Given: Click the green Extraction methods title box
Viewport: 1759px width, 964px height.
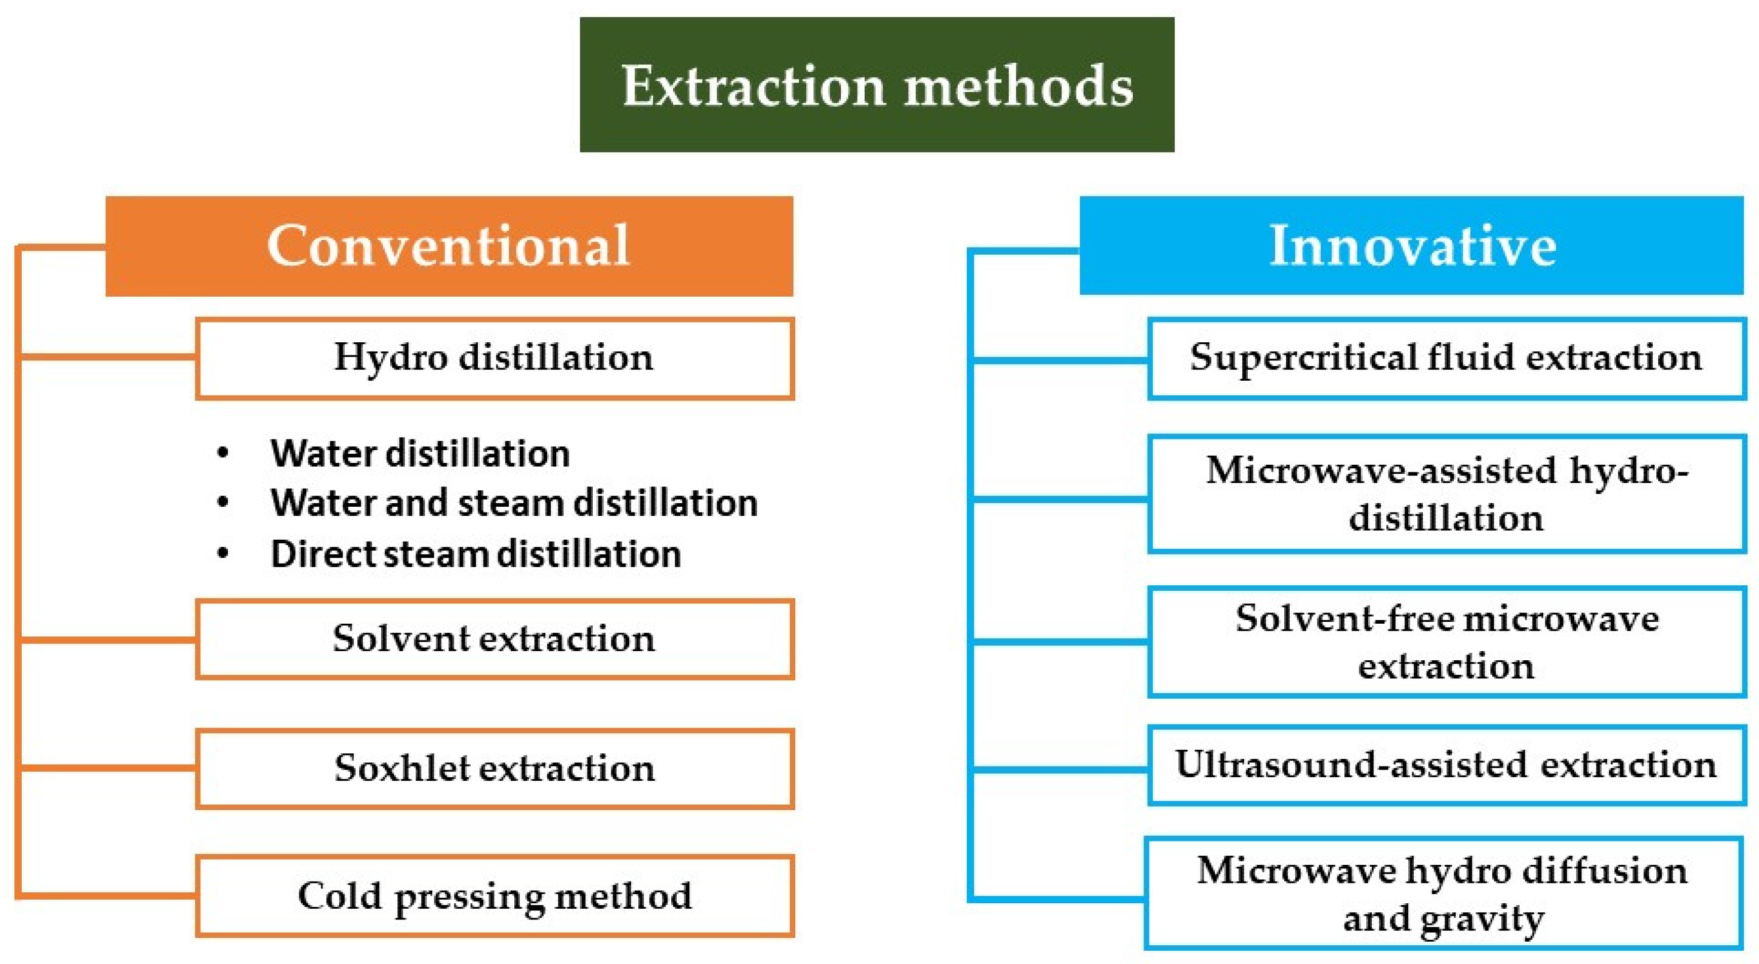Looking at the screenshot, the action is tap(877, 85).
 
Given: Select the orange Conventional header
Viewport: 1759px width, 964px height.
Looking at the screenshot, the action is tap(449, 246).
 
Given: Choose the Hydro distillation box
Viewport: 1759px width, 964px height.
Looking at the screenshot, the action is tap(495, 358).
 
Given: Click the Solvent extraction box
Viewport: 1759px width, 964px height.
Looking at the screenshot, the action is tap(495, 639).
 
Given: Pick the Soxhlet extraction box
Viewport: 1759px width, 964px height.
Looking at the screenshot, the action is tap(495, 769).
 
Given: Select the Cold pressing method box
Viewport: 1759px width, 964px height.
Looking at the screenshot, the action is tap(495, 896).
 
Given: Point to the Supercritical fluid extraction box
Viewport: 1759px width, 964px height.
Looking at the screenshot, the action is tap(1446, 358).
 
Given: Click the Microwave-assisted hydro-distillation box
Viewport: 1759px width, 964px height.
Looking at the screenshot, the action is tap(1446, 493).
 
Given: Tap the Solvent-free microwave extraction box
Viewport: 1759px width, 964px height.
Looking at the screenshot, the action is tap(1446, 641).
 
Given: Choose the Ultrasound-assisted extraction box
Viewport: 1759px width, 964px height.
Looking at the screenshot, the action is tap(1446, 765).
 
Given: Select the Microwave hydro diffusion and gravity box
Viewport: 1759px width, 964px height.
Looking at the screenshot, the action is tap(1445, 894).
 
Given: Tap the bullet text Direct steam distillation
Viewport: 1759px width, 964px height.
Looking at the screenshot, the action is tap(476, 553).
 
